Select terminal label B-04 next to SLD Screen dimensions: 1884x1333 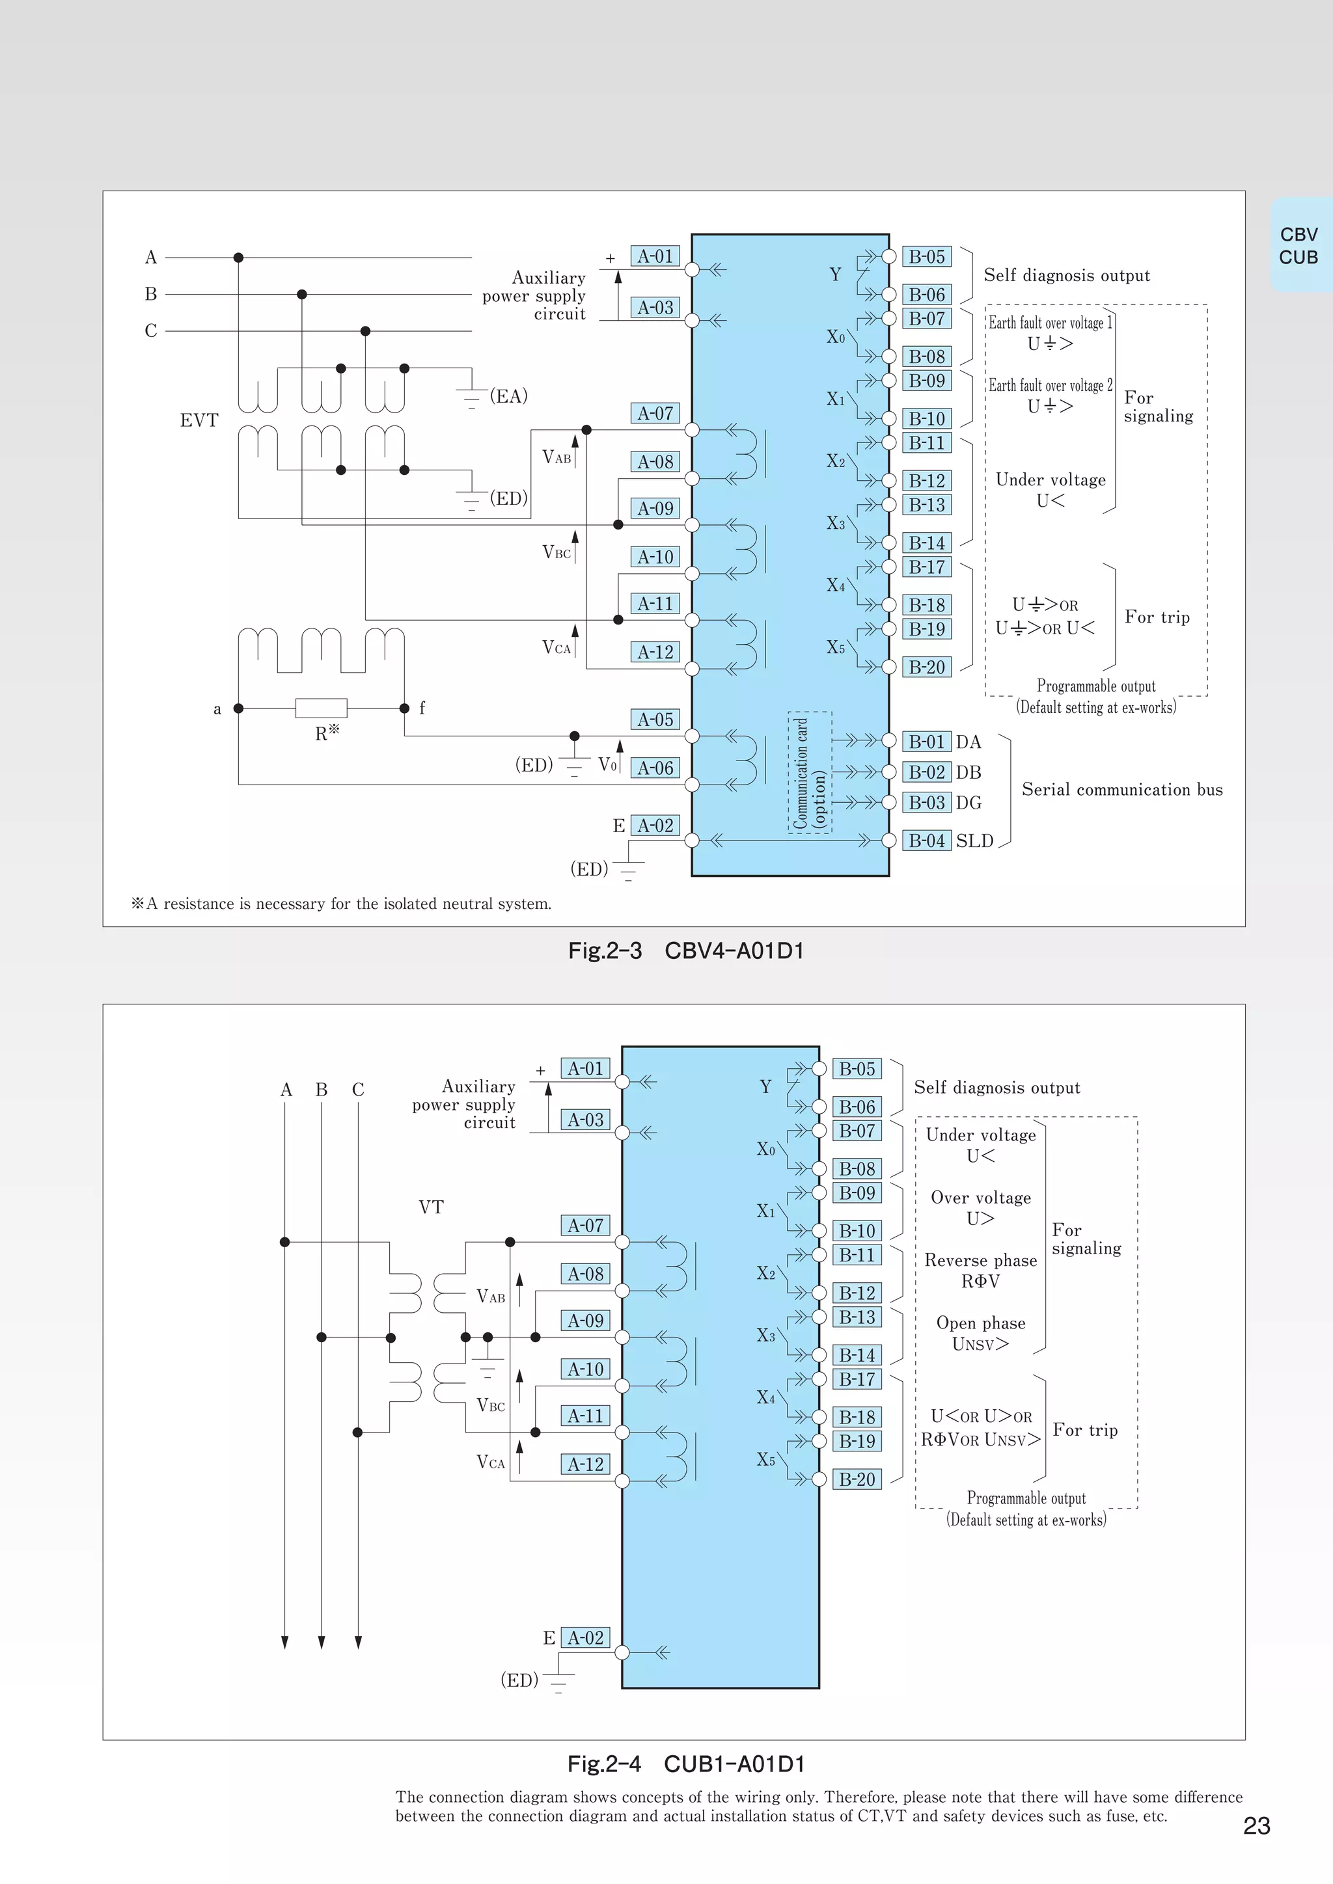click(x=927, y=841)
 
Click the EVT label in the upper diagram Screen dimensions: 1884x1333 click(x=199, y=420)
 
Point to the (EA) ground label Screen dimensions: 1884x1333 click(x=508, y=396)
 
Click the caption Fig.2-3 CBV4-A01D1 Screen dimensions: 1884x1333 click(x=686, y=951)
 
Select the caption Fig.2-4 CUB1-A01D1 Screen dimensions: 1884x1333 click(x=686, y=1764)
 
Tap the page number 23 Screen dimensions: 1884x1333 click(x=1257, y=1825)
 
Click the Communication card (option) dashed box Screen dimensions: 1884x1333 click(x=809, y=772)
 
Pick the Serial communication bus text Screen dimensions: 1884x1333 click(x=1121, y=789)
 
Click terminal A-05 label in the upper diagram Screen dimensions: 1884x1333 click(x=655, y=720)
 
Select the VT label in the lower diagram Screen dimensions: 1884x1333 click(x=431, y=1207)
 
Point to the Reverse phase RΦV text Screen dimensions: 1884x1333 click(x=980, y=1271)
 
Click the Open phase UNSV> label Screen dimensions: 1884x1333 click(x=980, y=1332)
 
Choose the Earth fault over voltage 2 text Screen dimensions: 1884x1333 click(x=1050, y=386)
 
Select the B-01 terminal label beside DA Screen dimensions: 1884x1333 click(x=927, y=742)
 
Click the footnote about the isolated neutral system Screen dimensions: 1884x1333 click(x=342, y=904)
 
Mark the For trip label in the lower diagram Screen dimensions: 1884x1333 click(x=1085, y=1430)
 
